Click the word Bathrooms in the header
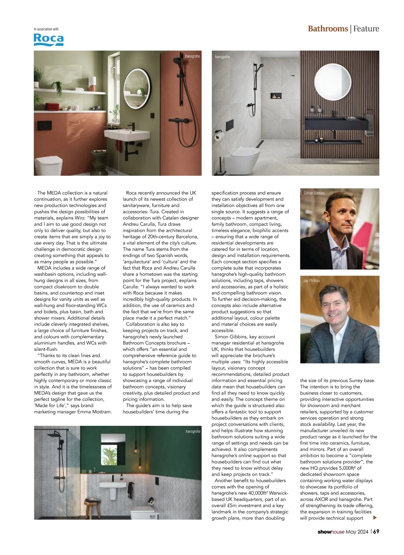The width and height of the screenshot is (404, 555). (328, 29)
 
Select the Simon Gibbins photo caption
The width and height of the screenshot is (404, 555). (314, 193)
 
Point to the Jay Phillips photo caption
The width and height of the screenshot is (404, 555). (311, 281)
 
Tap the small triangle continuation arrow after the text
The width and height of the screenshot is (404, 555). (375, 518)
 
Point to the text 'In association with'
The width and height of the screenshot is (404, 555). (46, 29)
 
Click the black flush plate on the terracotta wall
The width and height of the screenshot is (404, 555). (44, 125)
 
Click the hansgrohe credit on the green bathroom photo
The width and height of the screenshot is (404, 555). (193, 431)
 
